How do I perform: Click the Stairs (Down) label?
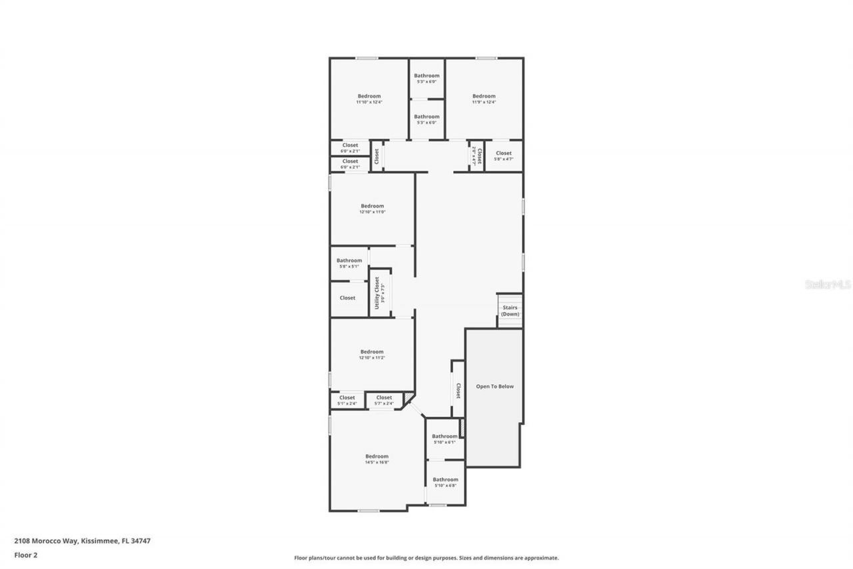[510, 311]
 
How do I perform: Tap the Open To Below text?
[494, 386]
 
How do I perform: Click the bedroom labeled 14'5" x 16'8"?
[377, 459]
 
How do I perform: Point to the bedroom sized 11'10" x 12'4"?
[369, 99]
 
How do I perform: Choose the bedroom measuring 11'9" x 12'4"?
[484, 99]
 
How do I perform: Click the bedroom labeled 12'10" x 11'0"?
[373, 209]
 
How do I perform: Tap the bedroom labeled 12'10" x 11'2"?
[372, 354]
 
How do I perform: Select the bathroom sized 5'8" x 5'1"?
[349, 263]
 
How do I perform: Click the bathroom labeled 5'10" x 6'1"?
[444, 439]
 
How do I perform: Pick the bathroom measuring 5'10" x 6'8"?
[445, 482]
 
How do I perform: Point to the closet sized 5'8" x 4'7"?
[504, 155]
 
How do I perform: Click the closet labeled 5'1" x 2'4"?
[347, 400]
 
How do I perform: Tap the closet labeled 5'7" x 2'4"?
[384, 400]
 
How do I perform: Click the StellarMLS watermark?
[828, 284]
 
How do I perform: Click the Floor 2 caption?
[25, 554]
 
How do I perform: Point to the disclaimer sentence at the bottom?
[426, 558]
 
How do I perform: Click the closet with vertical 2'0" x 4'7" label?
[477, 156]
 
